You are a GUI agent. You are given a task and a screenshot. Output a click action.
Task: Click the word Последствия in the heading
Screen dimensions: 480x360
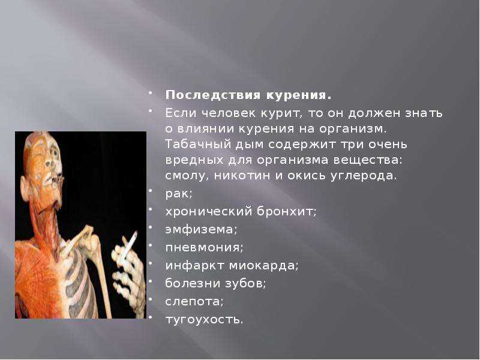tap(214, 95)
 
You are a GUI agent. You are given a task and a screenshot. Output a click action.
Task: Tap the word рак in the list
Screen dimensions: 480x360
tap(178, 193)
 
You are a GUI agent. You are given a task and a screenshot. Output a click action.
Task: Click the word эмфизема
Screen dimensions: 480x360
tap(200, 229)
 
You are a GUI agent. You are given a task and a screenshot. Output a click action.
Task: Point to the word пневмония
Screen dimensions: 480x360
tap(203, 247)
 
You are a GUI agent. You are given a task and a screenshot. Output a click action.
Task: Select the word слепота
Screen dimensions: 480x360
tap(193, 302)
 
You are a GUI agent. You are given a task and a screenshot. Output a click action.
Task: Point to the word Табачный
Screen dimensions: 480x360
tap(198, 144)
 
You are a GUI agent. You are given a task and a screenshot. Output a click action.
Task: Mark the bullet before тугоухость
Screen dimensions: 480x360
tap(151, 317)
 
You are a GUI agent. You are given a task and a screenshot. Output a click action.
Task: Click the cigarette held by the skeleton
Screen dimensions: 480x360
tap(129, 245)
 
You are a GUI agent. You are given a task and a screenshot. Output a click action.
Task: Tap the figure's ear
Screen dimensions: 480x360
tap(25, 187)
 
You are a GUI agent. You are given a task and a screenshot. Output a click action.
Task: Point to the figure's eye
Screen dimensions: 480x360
tap(55, 152)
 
